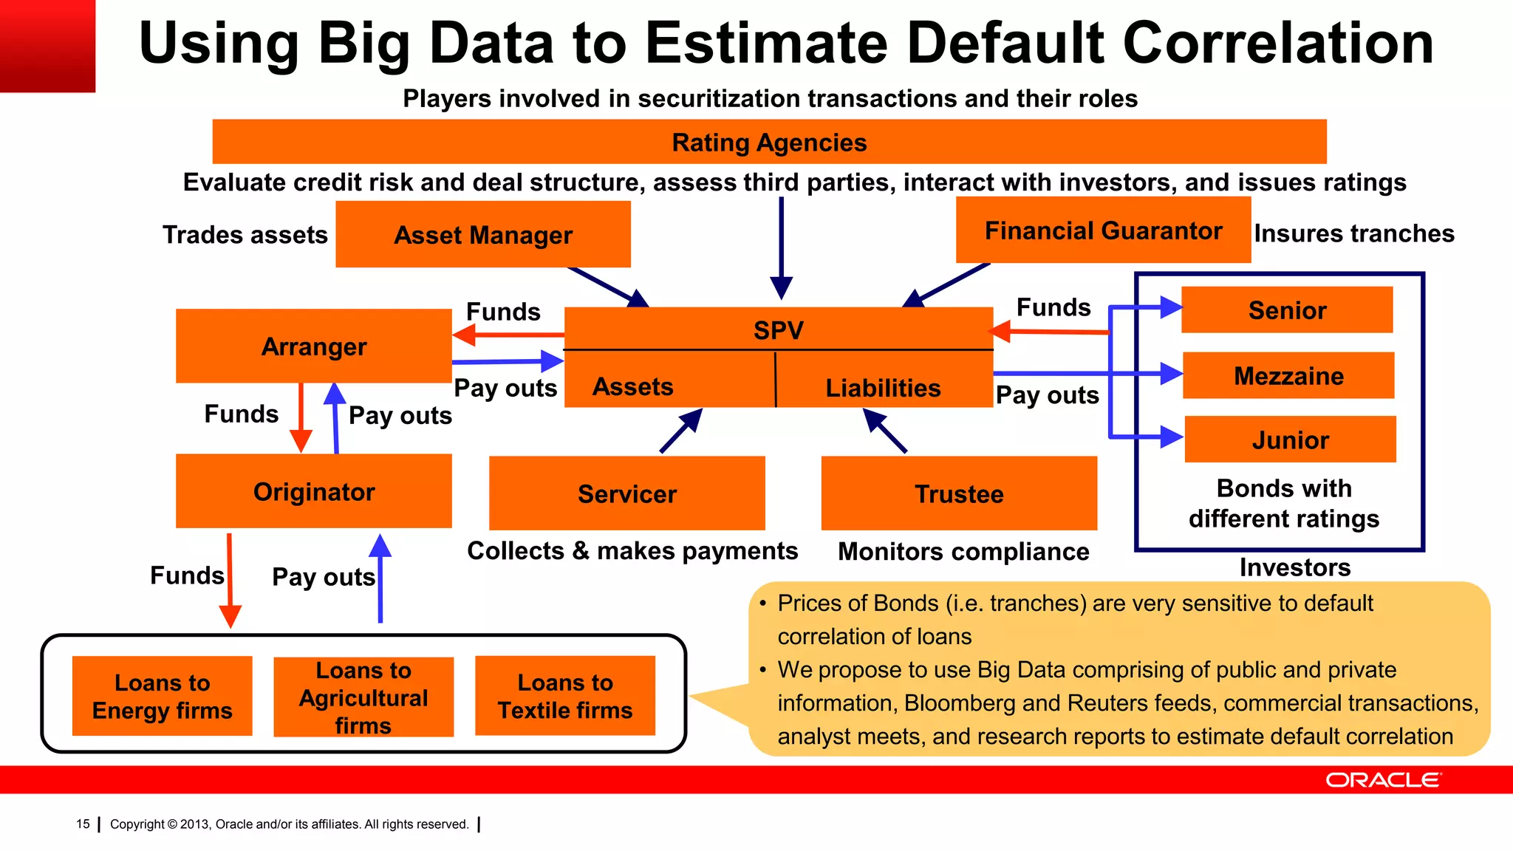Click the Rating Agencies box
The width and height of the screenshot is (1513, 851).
[769, 142]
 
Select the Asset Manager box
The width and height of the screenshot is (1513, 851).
[483, 235]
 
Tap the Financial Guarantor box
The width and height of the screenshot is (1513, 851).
[1103, 230]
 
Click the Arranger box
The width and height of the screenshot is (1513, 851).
[313, 346]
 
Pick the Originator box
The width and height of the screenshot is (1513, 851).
[313, 491]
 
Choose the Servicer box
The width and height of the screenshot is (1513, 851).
[626, 493]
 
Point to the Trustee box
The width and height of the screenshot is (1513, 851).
[959, 493]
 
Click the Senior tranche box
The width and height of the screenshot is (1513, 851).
[1287, 310]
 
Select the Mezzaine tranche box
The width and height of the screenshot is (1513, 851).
[1288, 376]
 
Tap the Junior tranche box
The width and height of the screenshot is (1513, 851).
[1290, 440]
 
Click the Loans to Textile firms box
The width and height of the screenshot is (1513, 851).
[565, 696]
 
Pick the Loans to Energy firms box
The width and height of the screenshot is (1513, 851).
[162, 696]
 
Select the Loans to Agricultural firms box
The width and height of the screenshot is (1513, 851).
[363, 697]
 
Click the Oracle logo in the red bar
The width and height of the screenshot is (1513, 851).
[1382, 780]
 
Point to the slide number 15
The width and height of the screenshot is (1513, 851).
[83, 824]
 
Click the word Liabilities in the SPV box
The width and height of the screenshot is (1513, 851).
[883, 388]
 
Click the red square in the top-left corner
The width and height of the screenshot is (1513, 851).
[47, 46]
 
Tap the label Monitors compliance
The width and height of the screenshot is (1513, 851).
[963, 552]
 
